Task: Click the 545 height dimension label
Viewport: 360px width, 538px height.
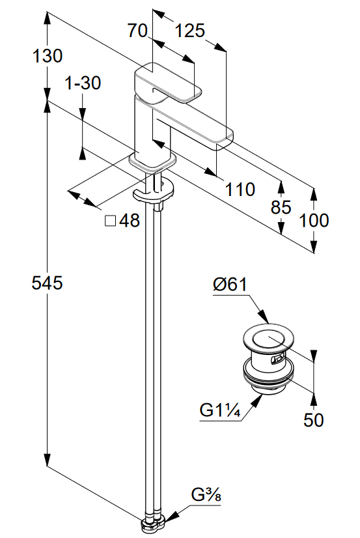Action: pos(48,283)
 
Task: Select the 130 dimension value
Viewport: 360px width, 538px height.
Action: pos(48,56)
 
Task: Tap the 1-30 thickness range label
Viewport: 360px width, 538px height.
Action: pos(83,83)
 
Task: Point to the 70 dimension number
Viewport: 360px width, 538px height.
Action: pos(137,31)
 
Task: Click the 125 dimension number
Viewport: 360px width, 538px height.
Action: pos(190,31)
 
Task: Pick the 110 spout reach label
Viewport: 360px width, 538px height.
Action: pos(240,190)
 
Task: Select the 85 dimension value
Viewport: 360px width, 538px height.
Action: pos(281,207)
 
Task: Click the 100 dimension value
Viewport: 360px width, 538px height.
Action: pos(314,220)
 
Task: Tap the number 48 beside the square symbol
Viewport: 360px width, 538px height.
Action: pos(130,220)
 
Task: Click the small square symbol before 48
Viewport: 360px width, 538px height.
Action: pos(111,221)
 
